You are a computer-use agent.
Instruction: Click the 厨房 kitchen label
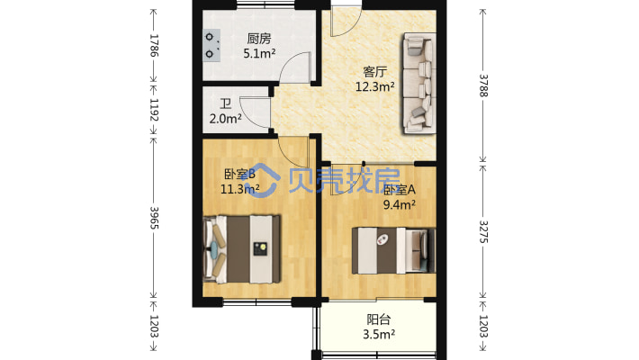click(x=259, y=39)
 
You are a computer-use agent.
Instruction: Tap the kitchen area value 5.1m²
click(x=259, y=53)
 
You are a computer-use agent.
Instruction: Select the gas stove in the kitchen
click(x=212, y=45)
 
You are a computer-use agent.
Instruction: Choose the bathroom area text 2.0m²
click(x=224, y=118)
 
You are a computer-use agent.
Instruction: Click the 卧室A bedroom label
click(x=400, y=190)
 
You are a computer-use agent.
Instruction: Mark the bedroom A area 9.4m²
click(x=400, y=205)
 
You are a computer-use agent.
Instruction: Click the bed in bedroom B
click(x=243, y=247)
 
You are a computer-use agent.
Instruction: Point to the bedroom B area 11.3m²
click(x=240, y=189)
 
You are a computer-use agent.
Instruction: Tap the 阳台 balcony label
click(x=379, y=319)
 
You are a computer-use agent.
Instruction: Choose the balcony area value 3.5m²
click(x=379, y=335)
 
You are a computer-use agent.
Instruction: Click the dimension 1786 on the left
click(x=154, y=46)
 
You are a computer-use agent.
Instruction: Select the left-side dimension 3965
click(x=154, y=216)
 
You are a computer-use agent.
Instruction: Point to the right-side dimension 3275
click(x=484, y=231)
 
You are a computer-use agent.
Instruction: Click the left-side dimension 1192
click(x=154, y=111)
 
